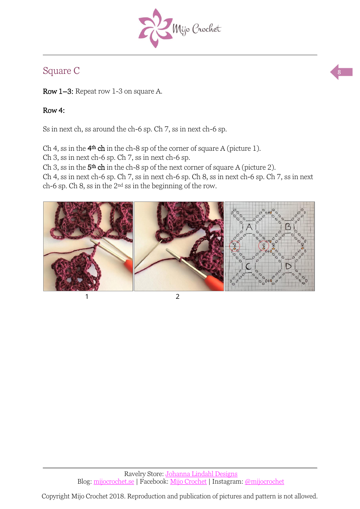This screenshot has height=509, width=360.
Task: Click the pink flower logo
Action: click(154, 28)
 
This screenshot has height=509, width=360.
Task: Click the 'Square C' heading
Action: click(61, 71)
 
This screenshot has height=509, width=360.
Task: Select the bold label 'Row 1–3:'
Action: click(58, 91)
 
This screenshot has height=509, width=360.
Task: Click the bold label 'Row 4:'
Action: click(54, 111)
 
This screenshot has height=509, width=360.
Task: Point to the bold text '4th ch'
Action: click(96, 148)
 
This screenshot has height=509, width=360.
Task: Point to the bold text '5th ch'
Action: click(96, 167)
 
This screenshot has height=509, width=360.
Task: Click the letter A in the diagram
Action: click(249, 227)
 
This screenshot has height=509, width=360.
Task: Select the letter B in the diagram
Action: click(288, 226)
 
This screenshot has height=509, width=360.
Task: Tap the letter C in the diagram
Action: click(249, 267)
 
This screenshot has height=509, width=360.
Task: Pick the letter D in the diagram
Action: click(288, 266)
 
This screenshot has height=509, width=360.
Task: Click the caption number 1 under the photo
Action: click(87, 297)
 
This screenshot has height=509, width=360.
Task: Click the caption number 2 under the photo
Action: click(177, 297)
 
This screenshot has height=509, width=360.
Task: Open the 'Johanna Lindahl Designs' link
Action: click(201, 474)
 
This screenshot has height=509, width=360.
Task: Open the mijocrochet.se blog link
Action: click(114, 481)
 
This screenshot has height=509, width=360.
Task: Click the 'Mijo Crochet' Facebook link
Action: click(188, 481)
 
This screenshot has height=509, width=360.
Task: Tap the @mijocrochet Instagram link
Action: click(265, 481)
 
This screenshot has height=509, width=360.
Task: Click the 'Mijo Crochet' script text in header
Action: click(197, 29)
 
